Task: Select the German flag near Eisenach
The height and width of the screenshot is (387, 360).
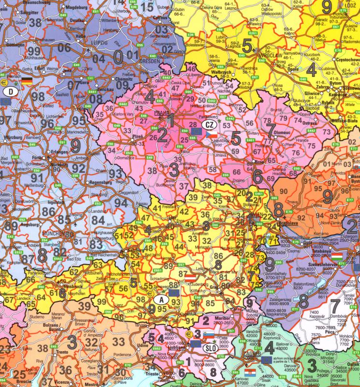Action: click(x=25, y=80)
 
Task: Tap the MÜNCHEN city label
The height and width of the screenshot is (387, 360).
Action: click(x=52, y=233)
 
